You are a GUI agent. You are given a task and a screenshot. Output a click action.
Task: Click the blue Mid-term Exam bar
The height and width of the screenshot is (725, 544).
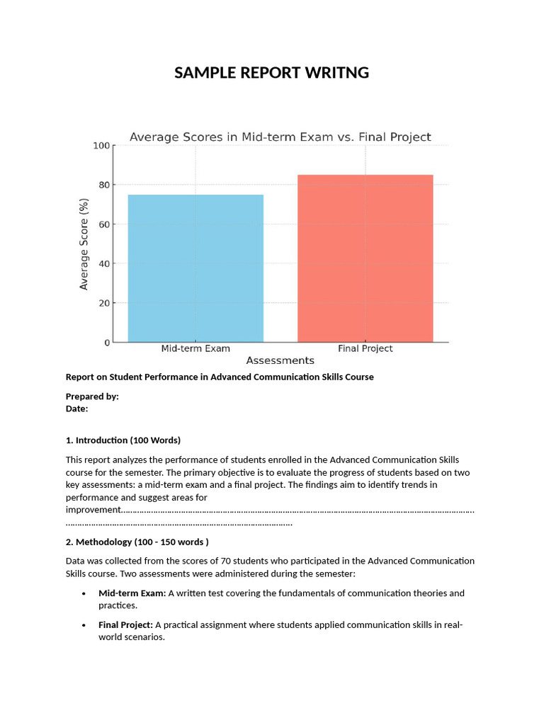click(195, 268)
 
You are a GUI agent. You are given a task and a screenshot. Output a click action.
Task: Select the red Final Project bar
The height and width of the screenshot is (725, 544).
click(365, 258)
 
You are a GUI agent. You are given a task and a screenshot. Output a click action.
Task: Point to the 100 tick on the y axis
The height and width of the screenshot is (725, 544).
click(102, 146)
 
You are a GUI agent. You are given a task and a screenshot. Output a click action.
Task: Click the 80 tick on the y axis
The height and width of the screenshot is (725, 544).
click(104, 185)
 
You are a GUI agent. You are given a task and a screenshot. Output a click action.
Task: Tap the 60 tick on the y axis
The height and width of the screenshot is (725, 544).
click(104, 224)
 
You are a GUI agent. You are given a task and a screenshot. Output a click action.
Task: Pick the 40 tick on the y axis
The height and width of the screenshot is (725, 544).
click(104, 264)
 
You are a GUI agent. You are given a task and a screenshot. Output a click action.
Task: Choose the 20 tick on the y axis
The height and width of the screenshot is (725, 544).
click(104, 303)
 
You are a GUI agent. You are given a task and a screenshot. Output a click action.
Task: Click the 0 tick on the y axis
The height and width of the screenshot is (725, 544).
click(107, 343)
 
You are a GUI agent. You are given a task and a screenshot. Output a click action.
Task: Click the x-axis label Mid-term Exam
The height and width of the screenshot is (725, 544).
click(195, 349)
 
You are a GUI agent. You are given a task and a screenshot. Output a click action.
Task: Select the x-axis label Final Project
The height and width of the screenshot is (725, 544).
click(365, 349)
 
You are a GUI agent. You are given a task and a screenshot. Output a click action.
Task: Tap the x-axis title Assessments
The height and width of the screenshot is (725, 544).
click(280, 361)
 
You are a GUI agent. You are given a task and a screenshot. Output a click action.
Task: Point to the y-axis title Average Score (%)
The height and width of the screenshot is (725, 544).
click(84, 244)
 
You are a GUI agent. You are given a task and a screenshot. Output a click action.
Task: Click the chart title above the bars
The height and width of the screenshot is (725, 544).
click(280, 137)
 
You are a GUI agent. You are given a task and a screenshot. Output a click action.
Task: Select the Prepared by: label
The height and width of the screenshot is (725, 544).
click(92, 396)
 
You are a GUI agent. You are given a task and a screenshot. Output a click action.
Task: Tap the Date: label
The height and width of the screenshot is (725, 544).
click(76, 409)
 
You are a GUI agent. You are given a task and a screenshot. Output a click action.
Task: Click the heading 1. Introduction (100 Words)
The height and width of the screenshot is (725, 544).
click(123, 440)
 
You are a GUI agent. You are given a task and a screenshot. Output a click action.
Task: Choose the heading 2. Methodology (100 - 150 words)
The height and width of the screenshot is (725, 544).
click(137, 542)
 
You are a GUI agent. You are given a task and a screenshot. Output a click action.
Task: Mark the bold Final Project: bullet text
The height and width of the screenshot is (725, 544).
click(125, 624)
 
